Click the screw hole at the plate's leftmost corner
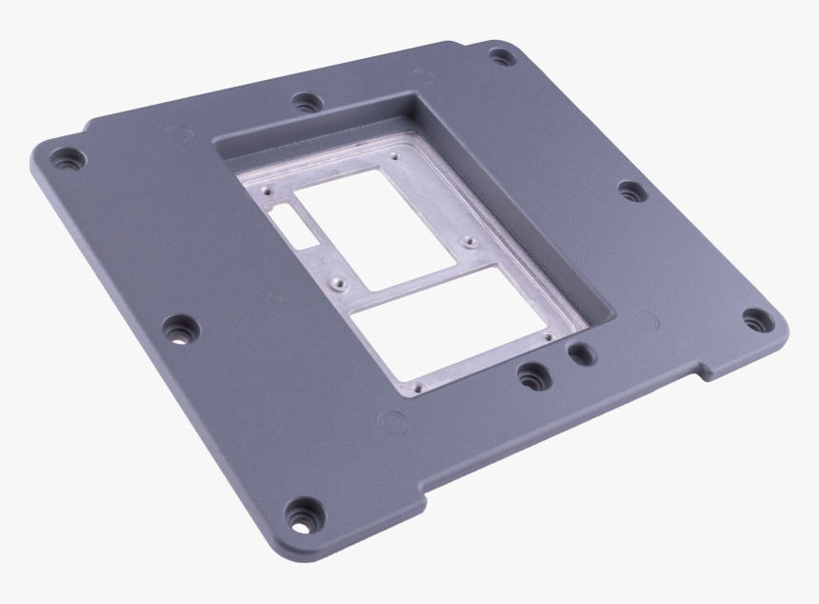tap(68, 159)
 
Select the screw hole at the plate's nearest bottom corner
tap(304, 515)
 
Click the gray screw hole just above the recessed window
tap(306, 101)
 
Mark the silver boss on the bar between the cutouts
tap(336, 283)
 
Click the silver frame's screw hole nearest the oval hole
tap(549, 335)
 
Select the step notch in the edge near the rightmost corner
tap(706, 370)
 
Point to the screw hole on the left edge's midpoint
tap(180, 330)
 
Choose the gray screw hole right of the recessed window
tap(631, 191)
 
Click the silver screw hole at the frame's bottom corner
tap(416, 389)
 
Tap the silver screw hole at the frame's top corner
tap(394, 150)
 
